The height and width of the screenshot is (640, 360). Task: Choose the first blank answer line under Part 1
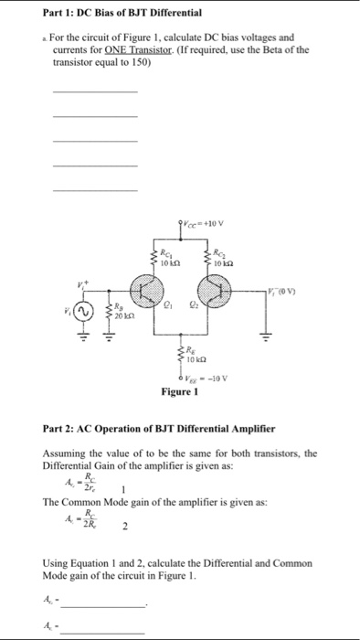[95, 91]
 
